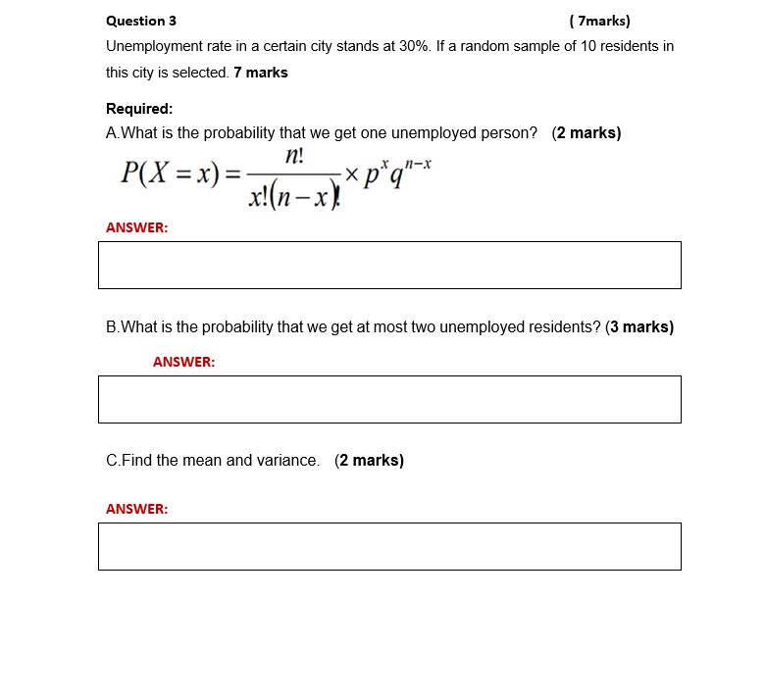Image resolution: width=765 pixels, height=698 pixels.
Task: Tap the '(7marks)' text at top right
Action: [599, 21]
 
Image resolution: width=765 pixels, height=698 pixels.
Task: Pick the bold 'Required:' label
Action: [139, 109]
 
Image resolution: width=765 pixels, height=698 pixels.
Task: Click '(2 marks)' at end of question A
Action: [586, 133]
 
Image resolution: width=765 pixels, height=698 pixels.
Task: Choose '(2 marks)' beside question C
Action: [369, 461]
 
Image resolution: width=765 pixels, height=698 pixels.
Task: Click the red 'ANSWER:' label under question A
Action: [136, 227]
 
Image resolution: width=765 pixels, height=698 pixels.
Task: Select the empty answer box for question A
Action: [389, 266]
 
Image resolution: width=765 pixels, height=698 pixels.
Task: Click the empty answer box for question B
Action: [389, 400]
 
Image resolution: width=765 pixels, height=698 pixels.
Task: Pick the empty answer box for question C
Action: [389, 546]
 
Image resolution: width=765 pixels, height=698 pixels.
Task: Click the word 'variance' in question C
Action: [289, 461]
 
